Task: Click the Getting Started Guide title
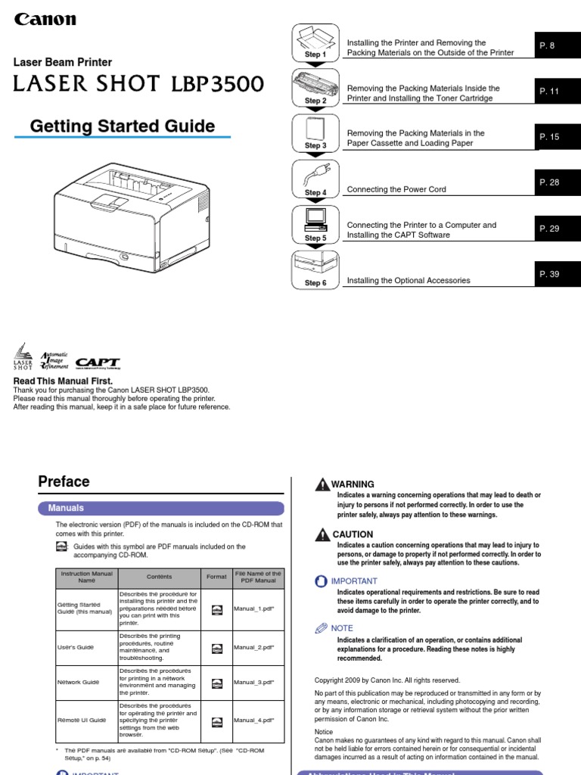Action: click(x=122, y=126)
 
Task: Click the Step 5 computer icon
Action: click(x=315, y=221)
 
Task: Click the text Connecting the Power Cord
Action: click(x=396, y=189)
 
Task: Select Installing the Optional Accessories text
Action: click(x=408, y=280)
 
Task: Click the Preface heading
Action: click(x=64, y=481)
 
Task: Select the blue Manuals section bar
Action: click(x=161, y=508)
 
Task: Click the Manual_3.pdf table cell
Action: click(x=254, y=682)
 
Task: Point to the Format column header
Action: click(x=216, y=577)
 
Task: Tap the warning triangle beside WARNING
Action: click(x=322, y=484)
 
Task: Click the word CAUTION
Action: click(x=354, y=534)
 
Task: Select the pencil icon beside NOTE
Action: click(x=322, y=627)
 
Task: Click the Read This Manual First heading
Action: click(x=64, y=381)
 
